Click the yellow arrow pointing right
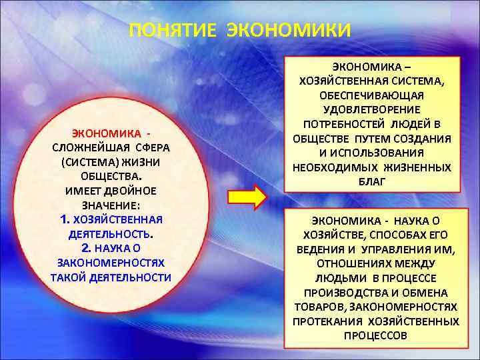[x=247, y=197]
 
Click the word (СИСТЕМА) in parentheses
[x=86, y=162]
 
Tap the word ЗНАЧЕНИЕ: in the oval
[x=111, y=206]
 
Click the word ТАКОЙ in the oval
[x=65, y=277]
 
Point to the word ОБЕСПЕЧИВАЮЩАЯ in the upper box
[x=372, y=95]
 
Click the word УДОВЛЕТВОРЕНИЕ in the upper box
[x=372, y=109]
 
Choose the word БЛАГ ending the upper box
[x=372, y=181]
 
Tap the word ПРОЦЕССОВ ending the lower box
[x=375, y=335]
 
